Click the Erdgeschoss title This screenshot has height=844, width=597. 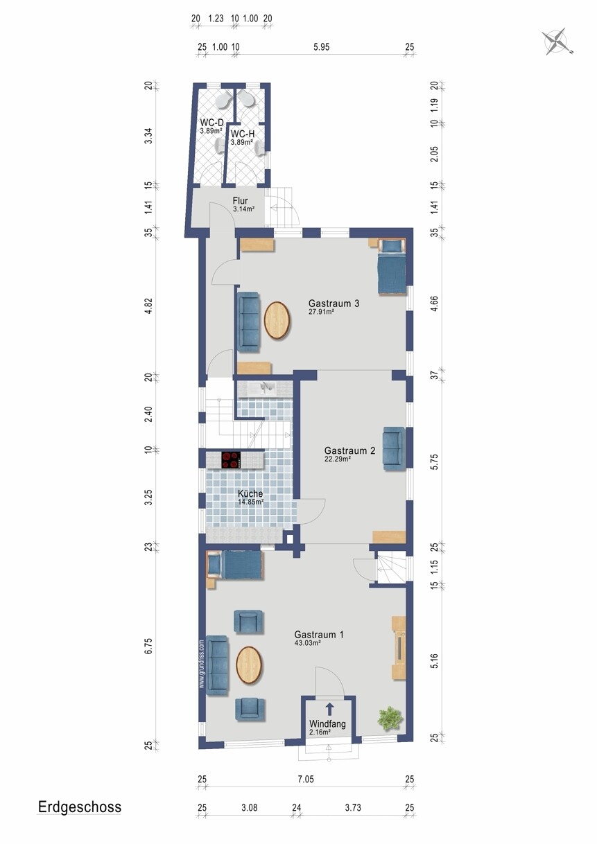(x=80, y=807)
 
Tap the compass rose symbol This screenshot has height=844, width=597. (x=556, y=41)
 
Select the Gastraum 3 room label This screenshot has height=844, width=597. (x=334, y=304)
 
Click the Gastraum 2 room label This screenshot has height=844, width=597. (x=349, y=450)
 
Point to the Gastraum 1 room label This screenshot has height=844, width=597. (x=319, y=635)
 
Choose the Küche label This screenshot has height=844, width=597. (x=250, y=493)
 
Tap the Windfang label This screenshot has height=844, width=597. (x=327, y=724)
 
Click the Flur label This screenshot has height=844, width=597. (x=240, y=201)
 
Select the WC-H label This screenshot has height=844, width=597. (x=243, y=134)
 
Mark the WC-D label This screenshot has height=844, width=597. (x=211, y=123)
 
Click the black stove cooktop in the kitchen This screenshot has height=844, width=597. (x=231, y=459)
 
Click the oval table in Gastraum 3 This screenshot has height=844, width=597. (x=277, y=321)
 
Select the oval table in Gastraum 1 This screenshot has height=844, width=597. (x=250, y=666)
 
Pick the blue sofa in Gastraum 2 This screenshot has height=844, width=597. (x=394, y=448)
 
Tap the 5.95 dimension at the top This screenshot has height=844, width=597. (x=321, y=46)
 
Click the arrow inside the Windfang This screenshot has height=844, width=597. (x=329, y=709)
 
